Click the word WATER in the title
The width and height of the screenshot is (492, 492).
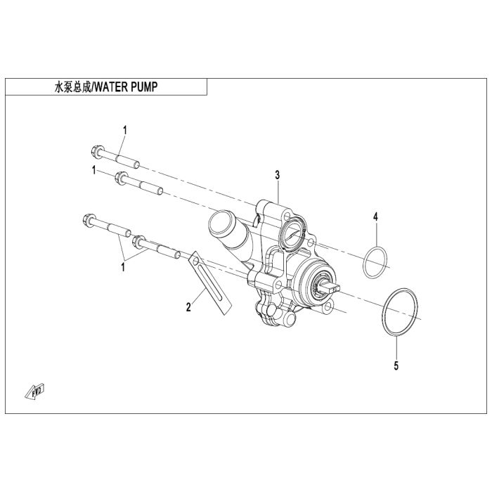point(111,87)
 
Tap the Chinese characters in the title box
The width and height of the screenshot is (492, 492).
point(72,87)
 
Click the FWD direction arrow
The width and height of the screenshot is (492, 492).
point(35,391)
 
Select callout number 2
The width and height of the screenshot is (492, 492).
point(188,307)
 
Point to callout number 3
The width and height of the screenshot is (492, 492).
point(278,175)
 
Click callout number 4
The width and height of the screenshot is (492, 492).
point(375,216)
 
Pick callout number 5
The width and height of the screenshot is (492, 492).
point(396,366)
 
